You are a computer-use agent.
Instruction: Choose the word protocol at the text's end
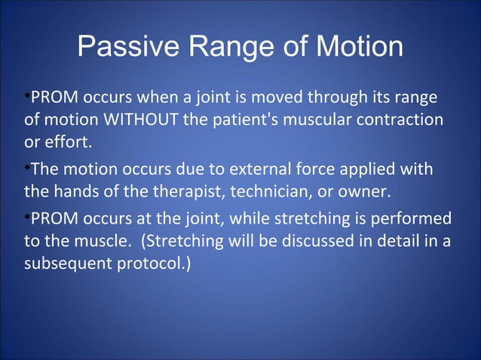point(156,264)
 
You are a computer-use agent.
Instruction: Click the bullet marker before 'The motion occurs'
point(27,167)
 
